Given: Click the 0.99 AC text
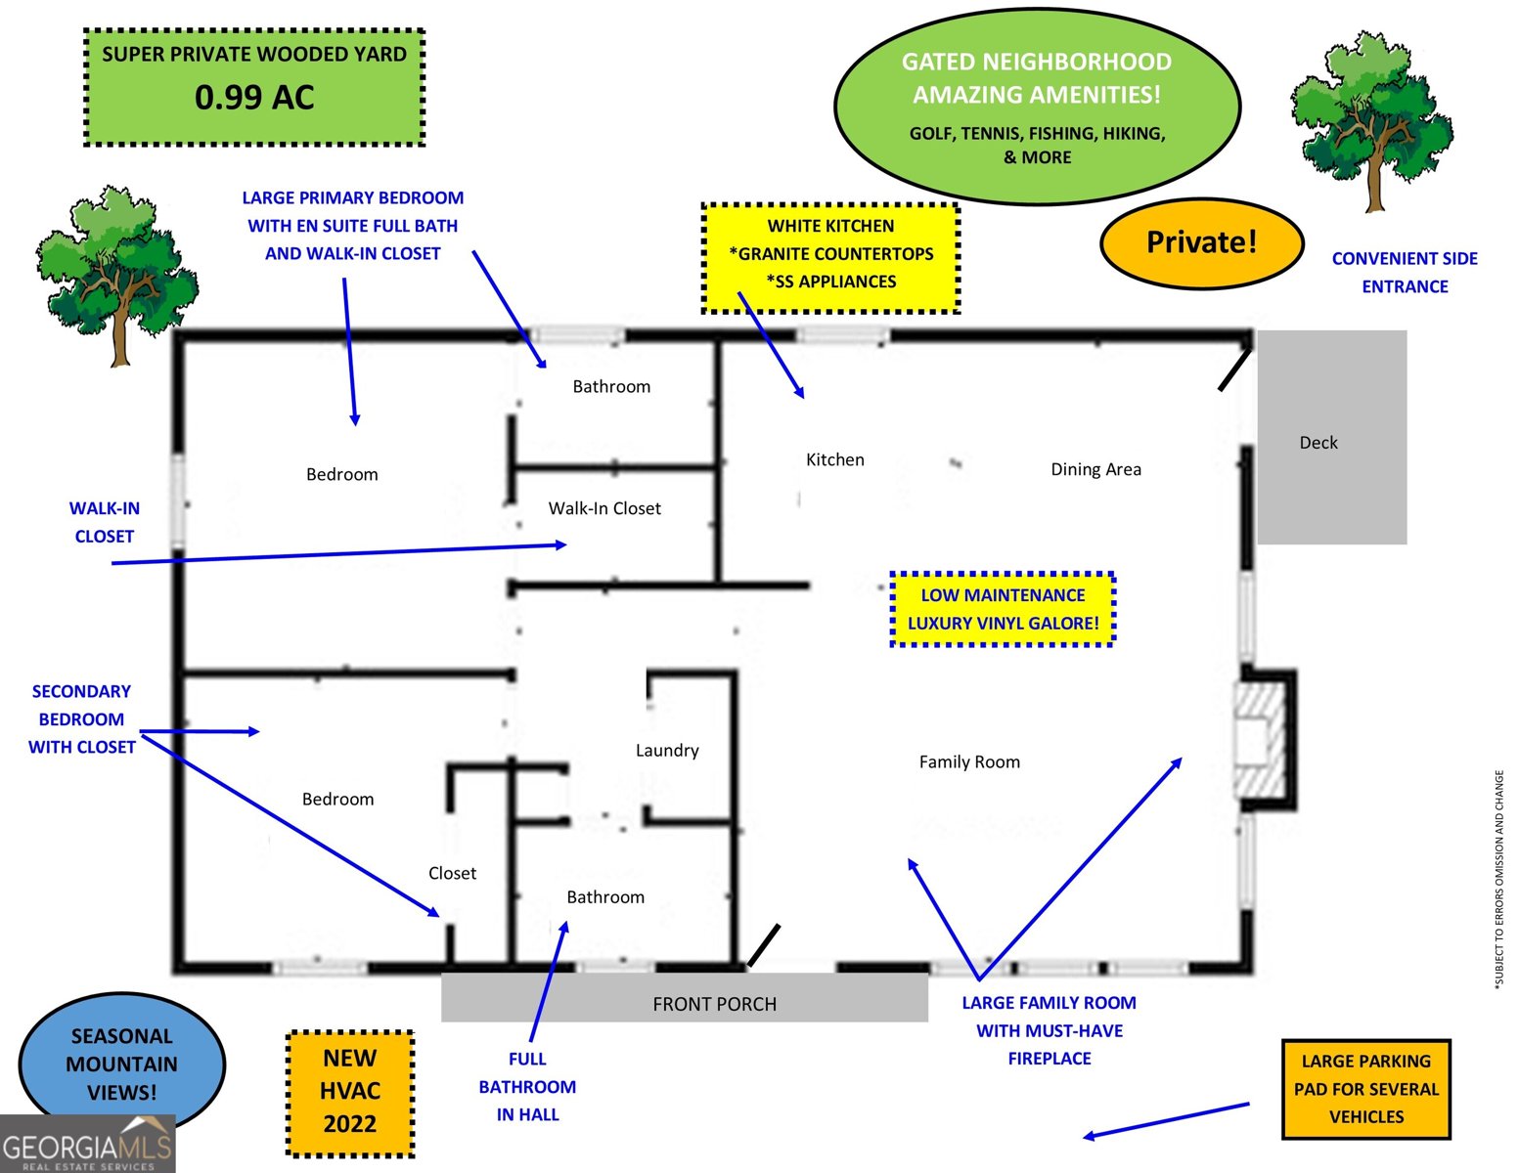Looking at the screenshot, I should click(254, 98).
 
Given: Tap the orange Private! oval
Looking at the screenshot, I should click(1201, 242).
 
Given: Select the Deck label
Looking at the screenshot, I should click(1318, 443).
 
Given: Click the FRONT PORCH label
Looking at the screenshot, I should click(714, 1004).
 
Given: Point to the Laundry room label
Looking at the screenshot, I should click(667, 751).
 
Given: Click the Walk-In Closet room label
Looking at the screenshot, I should click(604, 508).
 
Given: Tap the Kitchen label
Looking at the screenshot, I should click(834, 459).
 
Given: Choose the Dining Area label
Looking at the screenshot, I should click(1095, 469).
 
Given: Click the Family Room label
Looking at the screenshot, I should click(969, 761).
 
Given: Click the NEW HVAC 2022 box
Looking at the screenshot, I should click(350, 1092).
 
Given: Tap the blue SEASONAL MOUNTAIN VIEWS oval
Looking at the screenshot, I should click(122, 1064).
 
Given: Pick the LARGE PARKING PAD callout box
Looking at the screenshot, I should click(1365, 1089).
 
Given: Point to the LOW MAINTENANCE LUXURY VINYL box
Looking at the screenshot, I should click(1003, 609).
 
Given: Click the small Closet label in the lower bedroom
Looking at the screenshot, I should click(452, 873).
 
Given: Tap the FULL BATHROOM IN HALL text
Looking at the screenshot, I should click(527, 1086).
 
